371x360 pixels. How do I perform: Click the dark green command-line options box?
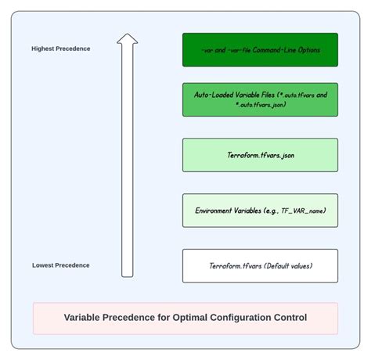[260, 49]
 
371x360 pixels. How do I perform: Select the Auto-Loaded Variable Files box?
[260, 99]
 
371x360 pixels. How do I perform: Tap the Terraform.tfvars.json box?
[260, 155]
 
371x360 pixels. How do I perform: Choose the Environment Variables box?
[260, 211]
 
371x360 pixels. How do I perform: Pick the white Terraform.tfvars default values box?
[260, 266]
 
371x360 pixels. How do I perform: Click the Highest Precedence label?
[61, 49]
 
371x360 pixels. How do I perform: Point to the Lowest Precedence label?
[61, 265]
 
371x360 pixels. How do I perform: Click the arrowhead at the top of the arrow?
[127, 38]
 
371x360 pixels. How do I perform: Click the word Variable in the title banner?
[86, 318]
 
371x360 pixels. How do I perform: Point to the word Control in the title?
[289, 318]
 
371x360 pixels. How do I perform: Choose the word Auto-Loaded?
[213, 95]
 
